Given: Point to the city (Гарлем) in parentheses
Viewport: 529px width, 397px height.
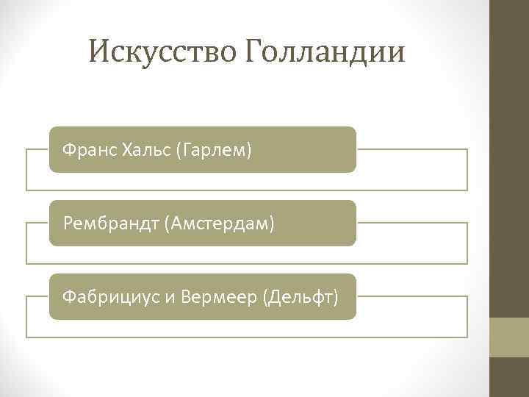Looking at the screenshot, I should [215, 151].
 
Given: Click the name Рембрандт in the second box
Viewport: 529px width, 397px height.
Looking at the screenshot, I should [112, 223].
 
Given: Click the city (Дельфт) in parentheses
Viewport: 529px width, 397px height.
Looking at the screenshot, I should [302, 298].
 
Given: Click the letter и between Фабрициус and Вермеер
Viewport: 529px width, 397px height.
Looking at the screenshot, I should [168, 298].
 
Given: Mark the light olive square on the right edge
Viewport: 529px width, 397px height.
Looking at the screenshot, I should [509, 337].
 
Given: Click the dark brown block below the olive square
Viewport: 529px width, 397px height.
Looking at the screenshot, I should [509, 377].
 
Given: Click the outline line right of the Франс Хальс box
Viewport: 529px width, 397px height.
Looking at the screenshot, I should [411, 149].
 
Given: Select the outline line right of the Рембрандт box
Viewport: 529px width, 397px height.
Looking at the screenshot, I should [411, 223].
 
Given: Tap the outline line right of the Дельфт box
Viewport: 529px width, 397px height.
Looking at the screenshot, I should [411, 296].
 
